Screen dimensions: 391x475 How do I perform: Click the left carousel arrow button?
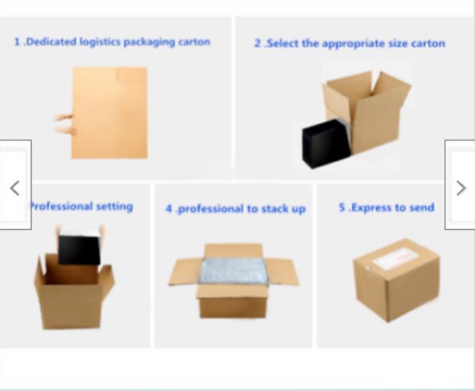tap(15, 188)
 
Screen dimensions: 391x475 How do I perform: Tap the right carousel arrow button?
tap(460, 188)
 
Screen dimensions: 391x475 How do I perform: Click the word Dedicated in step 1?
tap(50, 42)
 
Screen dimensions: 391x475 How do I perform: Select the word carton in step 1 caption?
tap(193, 42)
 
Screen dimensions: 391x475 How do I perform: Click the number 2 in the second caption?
tap(257, 44)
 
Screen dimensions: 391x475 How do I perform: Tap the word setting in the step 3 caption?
tap(114, 206)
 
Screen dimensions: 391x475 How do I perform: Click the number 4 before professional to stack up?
tap(169, 209)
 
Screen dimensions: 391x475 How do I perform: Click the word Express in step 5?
tap(370, 208)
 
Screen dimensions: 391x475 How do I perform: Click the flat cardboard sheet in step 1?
tap(110, 113)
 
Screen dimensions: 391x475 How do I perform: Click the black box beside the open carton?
tap(325, 143)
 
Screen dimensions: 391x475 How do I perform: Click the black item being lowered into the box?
tap(79, 249)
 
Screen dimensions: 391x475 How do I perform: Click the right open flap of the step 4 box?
tap(283, 272)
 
